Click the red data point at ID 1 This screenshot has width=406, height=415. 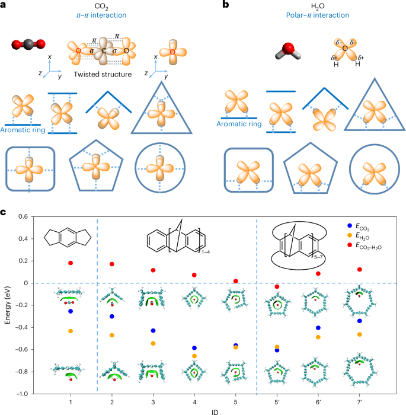(x=71, y=263)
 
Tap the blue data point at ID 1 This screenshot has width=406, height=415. (x=71, y=311)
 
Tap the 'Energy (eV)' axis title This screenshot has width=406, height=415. (x=8, y=305)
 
